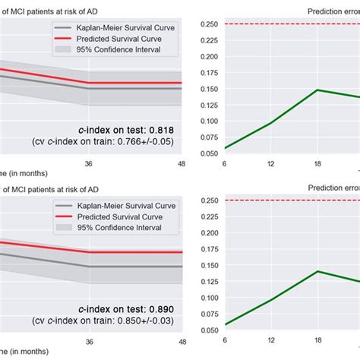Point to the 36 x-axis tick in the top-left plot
click(x=89, y=162)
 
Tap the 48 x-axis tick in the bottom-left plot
click(x=180, y=342)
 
